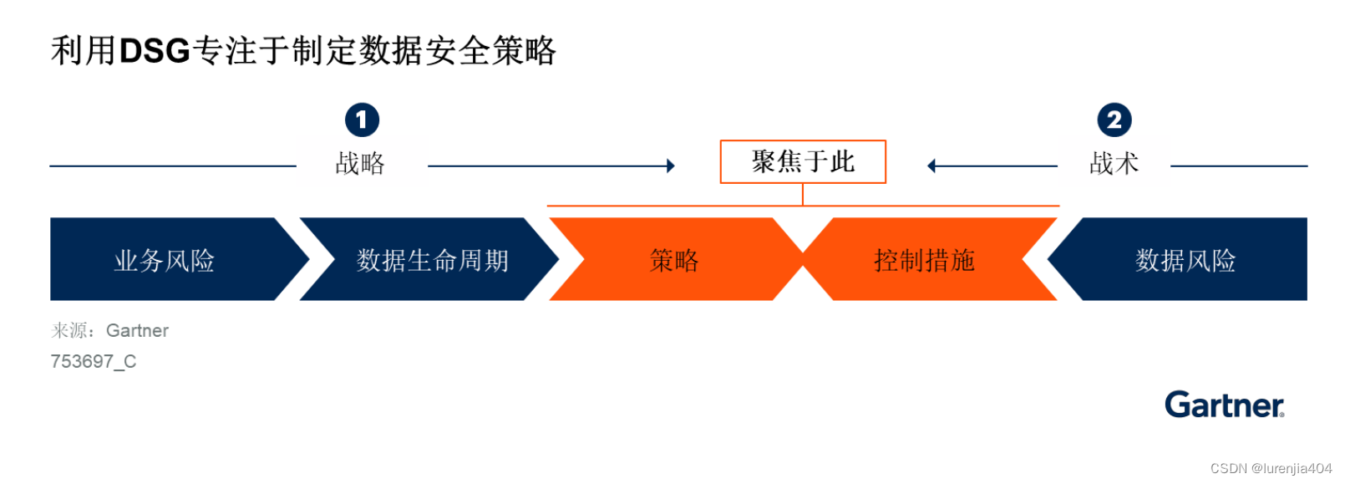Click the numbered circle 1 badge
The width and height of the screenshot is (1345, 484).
pos(362,120)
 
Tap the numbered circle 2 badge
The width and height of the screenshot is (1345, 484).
pos(1114,120)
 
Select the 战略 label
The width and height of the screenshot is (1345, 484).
pos(360,163)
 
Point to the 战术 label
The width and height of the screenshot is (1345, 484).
pos(1114,163)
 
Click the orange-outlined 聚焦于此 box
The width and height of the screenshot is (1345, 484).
pos(803,161)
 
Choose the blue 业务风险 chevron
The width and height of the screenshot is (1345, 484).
pos(165,260)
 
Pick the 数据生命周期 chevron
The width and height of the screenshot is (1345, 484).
pos(432,260)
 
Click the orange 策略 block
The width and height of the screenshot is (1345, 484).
pos(674,260)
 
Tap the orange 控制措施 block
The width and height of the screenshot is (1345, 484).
pos(925,260)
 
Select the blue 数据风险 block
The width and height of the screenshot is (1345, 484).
pos(1185,260)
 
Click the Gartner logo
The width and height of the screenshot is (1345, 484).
pos(1224,405)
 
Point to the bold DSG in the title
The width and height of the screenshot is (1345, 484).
pos(155,51)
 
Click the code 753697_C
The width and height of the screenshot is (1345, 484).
pos(94,361)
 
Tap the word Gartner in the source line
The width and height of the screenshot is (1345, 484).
pos(137,331)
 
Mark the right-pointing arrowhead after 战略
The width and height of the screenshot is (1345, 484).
pos(670,166)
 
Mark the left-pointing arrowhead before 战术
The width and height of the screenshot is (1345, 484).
pos(931,166)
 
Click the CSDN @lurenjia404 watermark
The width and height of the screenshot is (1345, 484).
pos(1271,468)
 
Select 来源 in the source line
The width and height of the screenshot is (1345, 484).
pos(70,331)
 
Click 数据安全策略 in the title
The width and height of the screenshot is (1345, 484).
pos(457,51)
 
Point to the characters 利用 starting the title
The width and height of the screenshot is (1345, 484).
pos(83,51)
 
